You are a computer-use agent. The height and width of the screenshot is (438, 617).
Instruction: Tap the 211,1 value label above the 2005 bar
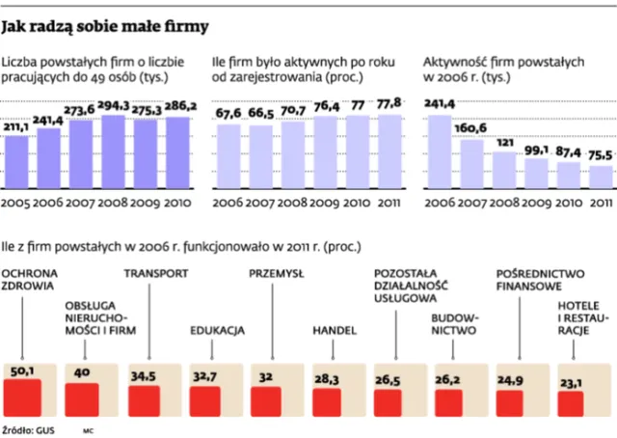19,126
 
